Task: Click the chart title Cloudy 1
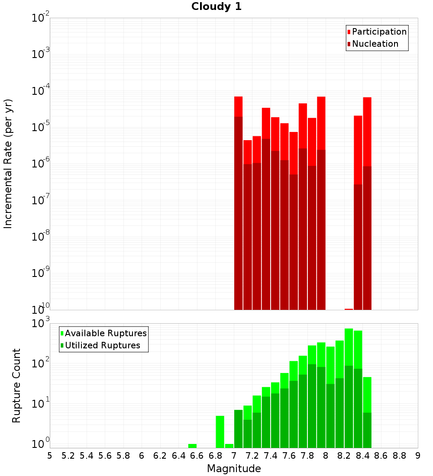pos(216,6)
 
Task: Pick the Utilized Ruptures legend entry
pos(102,345)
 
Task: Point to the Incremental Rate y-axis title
pos(8,164)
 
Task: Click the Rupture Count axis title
pos(16,386)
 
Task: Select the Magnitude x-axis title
pos(234,469)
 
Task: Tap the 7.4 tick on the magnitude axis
pos(271,456)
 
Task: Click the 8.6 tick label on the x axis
pos(381,456)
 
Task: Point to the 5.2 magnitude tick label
pos(68,456)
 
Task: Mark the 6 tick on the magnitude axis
pos(142,456)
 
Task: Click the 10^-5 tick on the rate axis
pos(41,127)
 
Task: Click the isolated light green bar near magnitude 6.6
pos(192,446)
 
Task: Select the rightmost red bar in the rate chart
pos(367,203)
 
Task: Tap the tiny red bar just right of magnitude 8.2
pos(349,309)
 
